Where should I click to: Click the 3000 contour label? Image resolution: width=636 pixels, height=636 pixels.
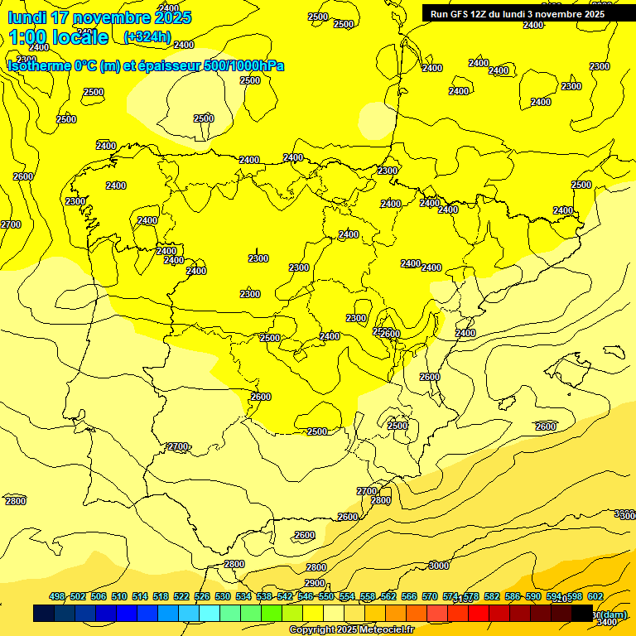tap(439, 566)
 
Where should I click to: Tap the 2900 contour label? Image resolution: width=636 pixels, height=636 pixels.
tap(315, 583)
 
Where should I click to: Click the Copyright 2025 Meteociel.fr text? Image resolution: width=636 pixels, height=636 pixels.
tap(351, 630)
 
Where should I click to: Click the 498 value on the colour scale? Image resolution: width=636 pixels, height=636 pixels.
tap(57, 597)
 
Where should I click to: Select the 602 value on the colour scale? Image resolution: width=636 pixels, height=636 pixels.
tap(595, 597)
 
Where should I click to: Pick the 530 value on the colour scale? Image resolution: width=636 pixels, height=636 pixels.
tap(223, 597)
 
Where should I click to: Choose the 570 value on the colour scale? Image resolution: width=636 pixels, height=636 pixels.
tap(430, 597)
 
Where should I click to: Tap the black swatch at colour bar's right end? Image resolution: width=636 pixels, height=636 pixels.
tap(582, 613)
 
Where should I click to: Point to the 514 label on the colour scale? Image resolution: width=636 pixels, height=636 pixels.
tap(140, 597)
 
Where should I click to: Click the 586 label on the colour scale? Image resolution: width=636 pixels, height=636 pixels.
tap(513, 597)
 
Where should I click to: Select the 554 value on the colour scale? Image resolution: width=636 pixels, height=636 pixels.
tap(347, 597)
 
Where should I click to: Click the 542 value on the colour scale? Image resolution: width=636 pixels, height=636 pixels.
tap(285, 597)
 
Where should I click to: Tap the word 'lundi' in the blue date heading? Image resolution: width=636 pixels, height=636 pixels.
tap(26, 17)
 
